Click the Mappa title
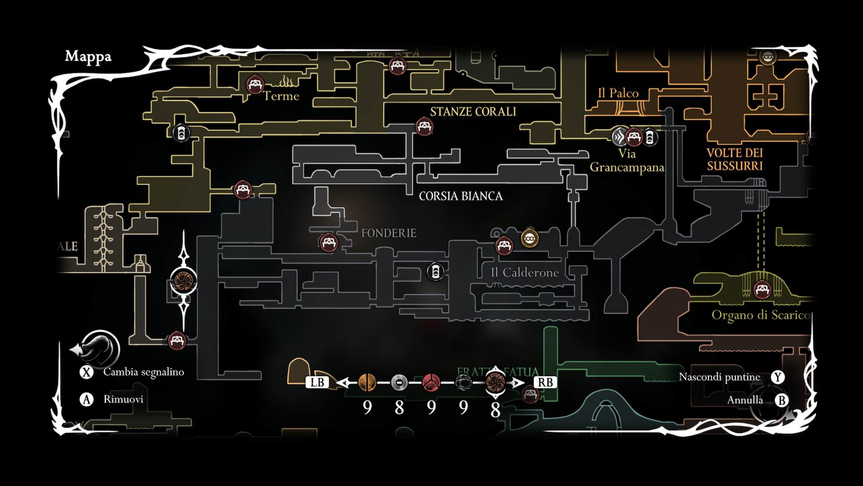click(x=88, y=57)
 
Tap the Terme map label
click(x=281, y=96)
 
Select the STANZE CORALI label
click(x=473, y=112)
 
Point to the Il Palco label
click(x=618, y=93)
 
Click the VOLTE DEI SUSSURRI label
click(x=735, y=159)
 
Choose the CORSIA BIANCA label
click(x=461, y=196)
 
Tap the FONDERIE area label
click(x=389, y=233)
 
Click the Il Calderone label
click(x=525, y=272)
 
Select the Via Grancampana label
click(x=627, y=161)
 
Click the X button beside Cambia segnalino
click(x=86, y=372)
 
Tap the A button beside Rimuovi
click(x=86, y=400)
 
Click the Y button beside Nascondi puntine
click(x=778, y=377)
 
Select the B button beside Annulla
click(x=782, y=400)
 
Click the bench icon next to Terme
click(x=255, y=84)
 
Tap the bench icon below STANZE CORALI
click(x=424, y=126)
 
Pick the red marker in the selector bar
click(x=431, y=382)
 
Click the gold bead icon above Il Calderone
click(x=529, y=238)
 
